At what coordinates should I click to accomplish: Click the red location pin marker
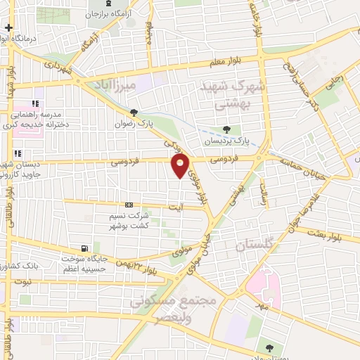tap(181, 167)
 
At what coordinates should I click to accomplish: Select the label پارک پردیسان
tap(226, 140)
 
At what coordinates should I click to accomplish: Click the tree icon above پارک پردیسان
tap(226, 129)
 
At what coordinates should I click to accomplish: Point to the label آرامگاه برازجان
tap(114, 13)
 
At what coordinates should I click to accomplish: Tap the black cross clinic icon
tap(8, 29)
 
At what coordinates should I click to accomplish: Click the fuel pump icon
tap(84, 248)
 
